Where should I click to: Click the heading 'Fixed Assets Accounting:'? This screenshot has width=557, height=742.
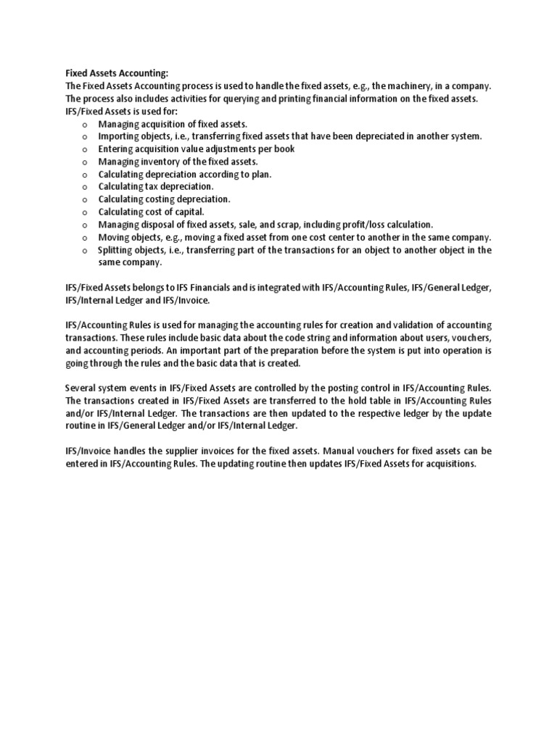[x=117, y=73]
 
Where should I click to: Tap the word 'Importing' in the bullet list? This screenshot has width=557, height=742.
[x=120, y=136]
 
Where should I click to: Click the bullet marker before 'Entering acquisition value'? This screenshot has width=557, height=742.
[x=84, y=149]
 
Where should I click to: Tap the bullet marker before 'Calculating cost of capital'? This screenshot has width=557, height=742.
[x=84, y=212]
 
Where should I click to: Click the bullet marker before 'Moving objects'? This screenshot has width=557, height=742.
[x=84, y=238]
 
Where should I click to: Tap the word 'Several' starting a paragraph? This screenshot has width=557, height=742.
[x=81, y=388]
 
